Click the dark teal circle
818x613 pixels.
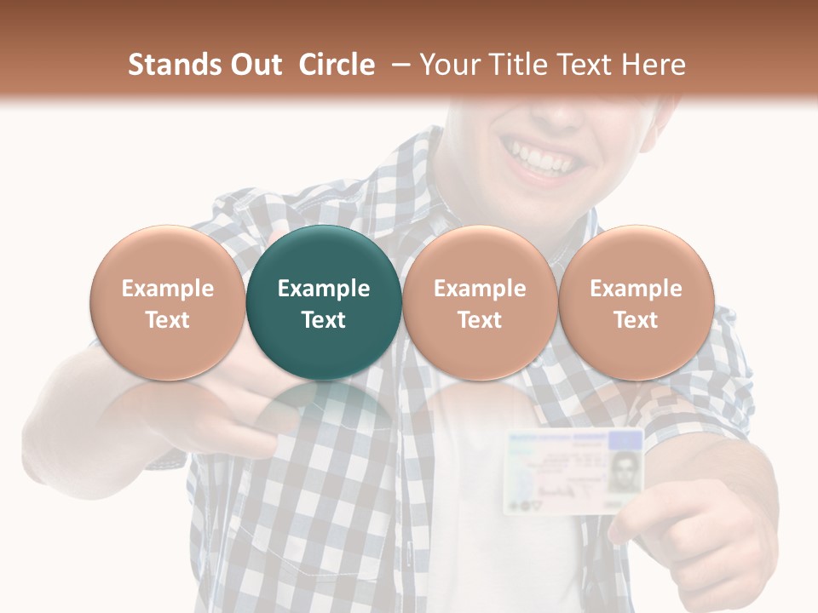tap(324, 302)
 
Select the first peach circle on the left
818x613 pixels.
tap(168, 302)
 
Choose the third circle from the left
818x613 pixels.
tap(480, 302)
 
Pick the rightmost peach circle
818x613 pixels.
tap(636, 302)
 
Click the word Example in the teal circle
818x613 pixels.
tap(324, 289)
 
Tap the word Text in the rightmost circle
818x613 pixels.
tap(636, 320)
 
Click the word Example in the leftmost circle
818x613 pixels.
tap(168, 289)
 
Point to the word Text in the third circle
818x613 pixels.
tap(480, 320)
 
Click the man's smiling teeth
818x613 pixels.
tap(542, 158)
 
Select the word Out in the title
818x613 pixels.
tap(255, 65)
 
